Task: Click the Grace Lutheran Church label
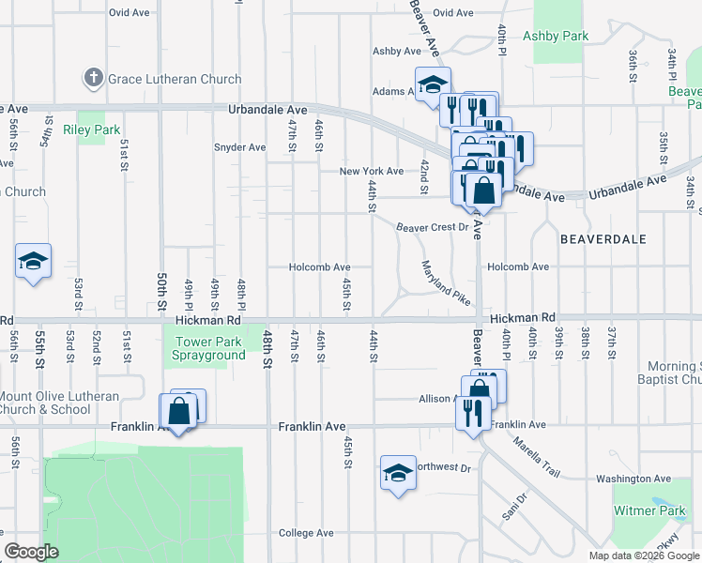click(167, 79)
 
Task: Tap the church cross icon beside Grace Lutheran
click(94, 79)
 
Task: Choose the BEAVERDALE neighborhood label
click(603, 239)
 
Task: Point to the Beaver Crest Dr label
click(431, 227)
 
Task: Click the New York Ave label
click(371, 172)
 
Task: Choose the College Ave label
click(306, 533)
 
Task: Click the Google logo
click(31, 552)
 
